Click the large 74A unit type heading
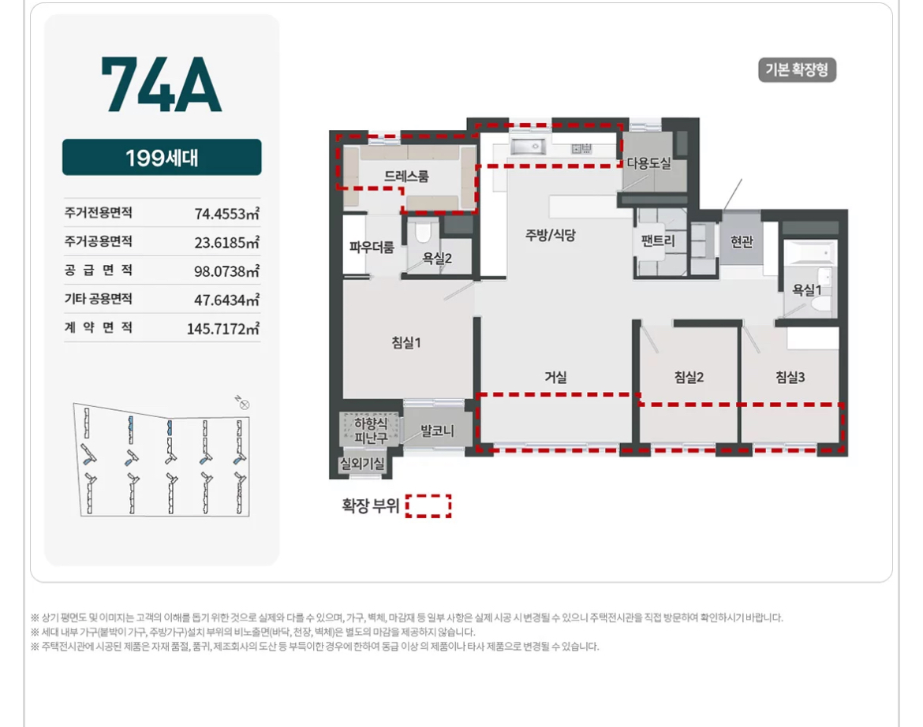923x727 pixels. (161, 84)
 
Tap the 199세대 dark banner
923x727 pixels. (162, 157)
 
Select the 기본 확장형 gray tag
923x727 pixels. (797, 70)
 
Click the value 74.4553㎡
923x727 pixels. (226, 214)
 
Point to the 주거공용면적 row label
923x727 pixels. (99, 241)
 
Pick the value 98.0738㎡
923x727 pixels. (226, 271)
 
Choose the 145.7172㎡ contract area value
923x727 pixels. (223, 328)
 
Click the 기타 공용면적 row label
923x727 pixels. (99, 299)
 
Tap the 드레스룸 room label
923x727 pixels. (407, 176)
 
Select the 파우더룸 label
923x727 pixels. (372, 248)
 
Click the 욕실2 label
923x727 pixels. (437, 258)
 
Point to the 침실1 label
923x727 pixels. (406, 342)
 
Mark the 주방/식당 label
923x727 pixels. (551, 235)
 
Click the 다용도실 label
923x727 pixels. (648, 163)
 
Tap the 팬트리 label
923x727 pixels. (658, 240)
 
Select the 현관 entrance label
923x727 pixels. (742, 241)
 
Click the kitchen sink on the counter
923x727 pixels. (528, 146)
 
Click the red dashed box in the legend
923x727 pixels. (428, 506)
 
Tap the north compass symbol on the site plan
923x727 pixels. (242, 403)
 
